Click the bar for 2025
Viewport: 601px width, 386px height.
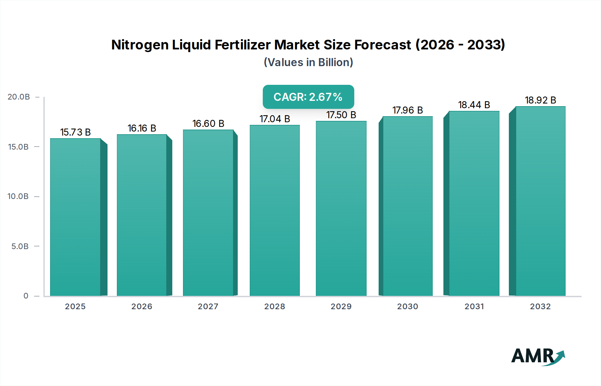(x=75, y=217)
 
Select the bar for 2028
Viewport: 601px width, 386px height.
(x=274, y=210)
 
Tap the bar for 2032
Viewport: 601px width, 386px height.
(x=540, y=201)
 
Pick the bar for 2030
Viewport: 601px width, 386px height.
(x=407, y=206)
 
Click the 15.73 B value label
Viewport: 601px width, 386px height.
(x=75, y=132)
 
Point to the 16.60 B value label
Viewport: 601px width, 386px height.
(x=208, y=124)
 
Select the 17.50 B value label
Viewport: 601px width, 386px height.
(x=341, y=115)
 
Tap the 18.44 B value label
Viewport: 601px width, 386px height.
(x=474, y=105)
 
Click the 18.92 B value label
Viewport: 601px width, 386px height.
(x=540, y=100)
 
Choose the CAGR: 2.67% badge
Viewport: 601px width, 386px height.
(x=308, y=97)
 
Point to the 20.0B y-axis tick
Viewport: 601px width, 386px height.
(x=19, y=97)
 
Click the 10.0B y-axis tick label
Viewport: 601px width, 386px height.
(x=18, y=196)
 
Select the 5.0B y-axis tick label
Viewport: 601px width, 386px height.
(x=20, y=246)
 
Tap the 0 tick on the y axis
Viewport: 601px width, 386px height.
(x=26, y=296)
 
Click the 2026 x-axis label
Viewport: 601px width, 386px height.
(x=142, y=307)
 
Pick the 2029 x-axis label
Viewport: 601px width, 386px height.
(x=341, y=307)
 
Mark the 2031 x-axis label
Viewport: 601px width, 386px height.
(x=474, y=307)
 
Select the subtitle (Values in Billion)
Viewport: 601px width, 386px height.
(x=308, y=62)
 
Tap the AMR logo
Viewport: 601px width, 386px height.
(x=538, y=357)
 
